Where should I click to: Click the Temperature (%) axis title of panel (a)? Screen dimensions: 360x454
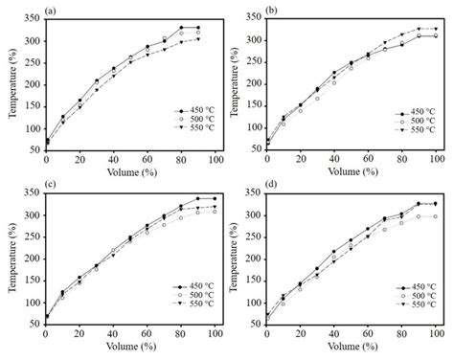(10, 86)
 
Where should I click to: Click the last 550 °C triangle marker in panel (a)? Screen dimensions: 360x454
(198, 39)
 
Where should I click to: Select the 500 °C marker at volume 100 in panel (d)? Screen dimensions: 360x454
(436, 216)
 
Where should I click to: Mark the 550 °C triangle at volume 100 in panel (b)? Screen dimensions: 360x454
(436, 29)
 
